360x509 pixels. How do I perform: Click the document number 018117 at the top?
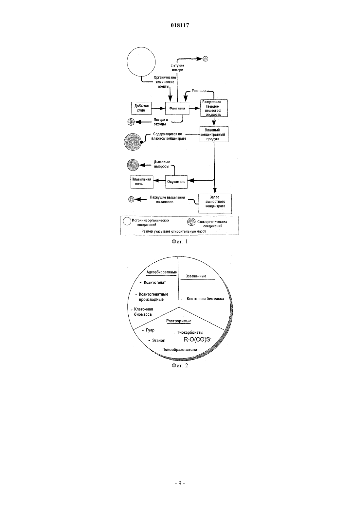(180, 25)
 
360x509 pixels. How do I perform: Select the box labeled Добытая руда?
(141, 108)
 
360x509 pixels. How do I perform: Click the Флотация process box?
(177, 108)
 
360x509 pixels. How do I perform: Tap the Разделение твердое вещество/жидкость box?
(214, 108)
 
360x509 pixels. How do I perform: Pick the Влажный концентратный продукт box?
(214, 134)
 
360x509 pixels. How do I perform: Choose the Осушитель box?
(176, 182)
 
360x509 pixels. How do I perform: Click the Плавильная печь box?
(142, 182)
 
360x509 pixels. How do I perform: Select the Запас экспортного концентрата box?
(215, 203)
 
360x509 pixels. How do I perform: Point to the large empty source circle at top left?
(141, 61)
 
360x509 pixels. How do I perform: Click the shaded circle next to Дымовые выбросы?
(133, 165)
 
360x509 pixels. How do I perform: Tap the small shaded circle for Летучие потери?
(206, 59)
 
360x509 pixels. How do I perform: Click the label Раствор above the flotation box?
(199, 91)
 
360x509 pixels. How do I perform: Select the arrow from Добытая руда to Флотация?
(158, 108)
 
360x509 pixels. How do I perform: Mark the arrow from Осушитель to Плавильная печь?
(159, 181)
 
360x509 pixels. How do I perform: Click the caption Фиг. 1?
(180, 241)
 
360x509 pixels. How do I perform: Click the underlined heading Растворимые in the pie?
(179, 321)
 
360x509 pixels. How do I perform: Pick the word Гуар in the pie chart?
(150, 330)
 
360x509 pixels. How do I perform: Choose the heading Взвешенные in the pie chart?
(196, 276)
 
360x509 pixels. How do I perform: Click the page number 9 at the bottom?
(180, 483)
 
